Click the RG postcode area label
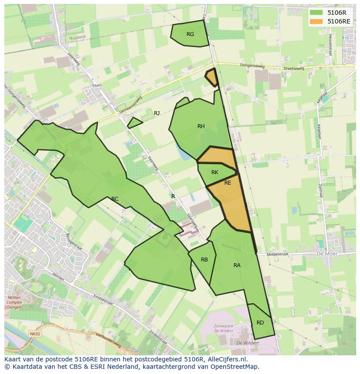coord(190,34)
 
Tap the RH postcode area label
coord(201,126)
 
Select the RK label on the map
coord(215,172)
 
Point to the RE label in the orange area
coord(228,183)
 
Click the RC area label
coord(115,199)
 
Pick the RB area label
coord(204,260)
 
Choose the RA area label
coord(237,265)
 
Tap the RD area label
coord(260,322)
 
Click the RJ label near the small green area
coord(157,113)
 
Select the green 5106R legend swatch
coord(316,13)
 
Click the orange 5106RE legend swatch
coord(316,21)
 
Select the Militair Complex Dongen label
coord(14,302)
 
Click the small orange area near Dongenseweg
coord(212,77)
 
